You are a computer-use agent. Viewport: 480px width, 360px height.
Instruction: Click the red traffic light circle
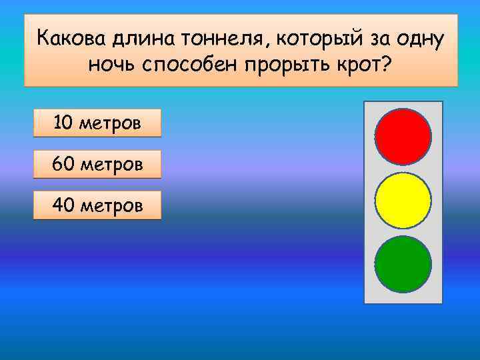click(x=403, y=136)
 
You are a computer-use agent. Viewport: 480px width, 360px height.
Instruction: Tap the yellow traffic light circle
click(x=403, y=200)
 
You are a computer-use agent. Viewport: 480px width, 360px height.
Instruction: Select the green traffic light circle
click(x=403, y=264)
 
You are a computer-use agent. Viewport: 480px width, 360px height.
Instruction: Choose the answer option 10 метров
click(x=97, y=123)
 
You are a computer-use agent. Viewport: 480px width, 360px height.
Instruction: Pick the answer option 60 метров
click(x=97, y=164)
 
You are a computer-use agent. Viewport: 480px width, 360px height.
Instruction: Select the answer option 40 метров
click(x=97, y=205)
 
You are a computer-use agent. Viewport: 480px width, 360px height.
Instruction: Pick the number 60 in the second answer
click(x=63, y=164)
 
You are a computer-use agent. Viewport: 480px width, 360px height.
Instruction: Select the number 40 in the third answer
click(x=63, y=205)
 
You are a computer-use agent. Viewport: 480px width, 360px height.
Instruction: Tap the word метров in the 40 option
click(x=111, y=206)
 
